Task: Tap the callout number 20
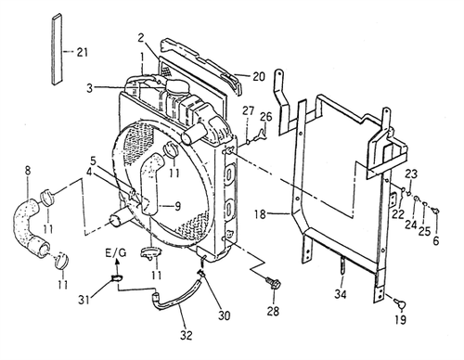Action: tap(258, 76)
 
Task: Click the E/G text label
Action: tap(117, 253)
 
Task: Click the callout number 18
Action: tap(261, 213)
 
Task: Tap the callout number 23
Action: tap(411, 173)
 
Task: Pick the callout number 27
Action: tap(248, 111)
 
